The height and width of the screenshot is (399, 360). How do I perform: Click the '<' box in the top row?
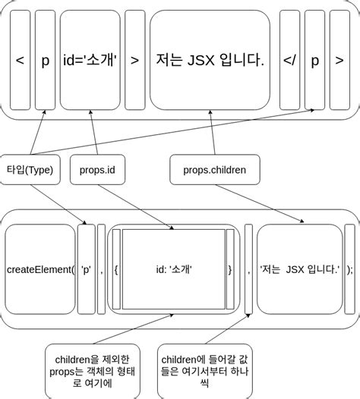[20, 59]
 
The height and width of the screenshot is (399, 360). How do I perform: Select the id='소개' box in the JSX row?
[90, 59]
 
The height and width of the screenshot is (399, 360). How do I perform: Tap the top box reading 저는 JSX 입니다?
[210, 59]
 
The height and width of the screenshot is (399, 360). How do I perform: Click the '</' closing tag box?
[289, 59]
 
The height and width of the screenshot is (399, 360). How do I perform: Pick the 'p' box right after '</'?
[315, 59]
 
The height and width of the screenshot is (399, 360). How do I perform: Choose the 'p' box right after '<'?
[45, 59]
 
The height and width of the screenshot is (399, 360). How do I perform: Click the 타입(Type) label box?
[30, 170]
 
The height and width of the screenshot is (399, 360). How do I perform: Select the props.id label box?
[97, 170]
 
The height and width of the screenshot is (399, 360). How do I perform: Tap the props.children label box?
[215, 170]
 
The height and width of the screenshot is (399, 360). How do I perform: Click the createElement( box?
[40, 269]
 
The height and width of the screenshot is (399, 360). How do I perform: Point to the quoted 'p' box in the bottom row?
[87, 269]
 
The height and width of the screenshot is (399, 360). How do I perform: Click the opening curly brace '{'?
[115, 269]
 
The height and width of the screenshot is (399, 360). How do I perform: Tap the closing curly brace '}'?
[230, 269]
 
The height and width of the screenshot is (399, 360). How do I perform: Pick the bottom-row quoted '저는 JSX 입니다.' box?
[300, 269]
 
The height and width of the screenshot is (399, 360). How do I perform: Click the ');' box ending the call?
[349, 269]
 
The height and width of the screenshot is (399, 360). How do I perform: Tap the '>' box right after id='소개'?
[134, 59]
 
